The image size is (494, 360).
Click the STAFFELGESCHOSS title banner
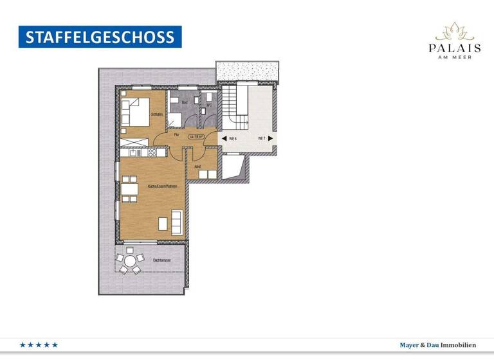pyautogui.click(x=100, y=37)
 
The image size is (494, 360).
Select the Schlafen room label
pyautogui.click(x=157, y=114)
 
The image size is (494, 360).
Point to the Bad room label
pyautogui.click(x=184, y=103)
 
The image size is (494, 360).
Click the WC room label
pyautogui.click(x=209, y=104)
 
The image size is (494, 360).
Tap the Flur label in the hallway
pyautogui.click(x=176, y=135)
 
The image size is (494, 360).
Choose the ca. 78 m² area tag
pyautogui.click(x=196, y=136)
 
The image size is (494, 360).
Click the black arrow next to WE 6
pyautogui.click(x=223, y=138)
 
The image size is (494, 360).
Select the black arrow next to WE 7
pyautogui.click(x=271, y=138)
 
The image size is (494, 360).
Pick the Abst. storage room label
pyautogui.click(x=198, y=166)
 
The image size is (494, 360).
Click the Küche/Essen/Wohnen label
pyautogui.click(x=162, y=186)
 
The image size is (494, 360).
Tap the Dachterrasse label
pyautogui.click(x=161, y=261)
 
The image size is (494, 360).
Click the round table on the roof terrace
pyautogui.click(x=131, y=262)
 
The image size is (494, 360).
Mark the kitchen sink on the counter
pyautogui.click(x=133, y=152)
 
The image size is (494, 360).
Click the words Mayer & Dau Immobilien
pyautogui.click(x=437, y=345)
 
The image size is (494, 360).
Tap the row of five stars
pyautogui.click(x=39, y=345)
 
